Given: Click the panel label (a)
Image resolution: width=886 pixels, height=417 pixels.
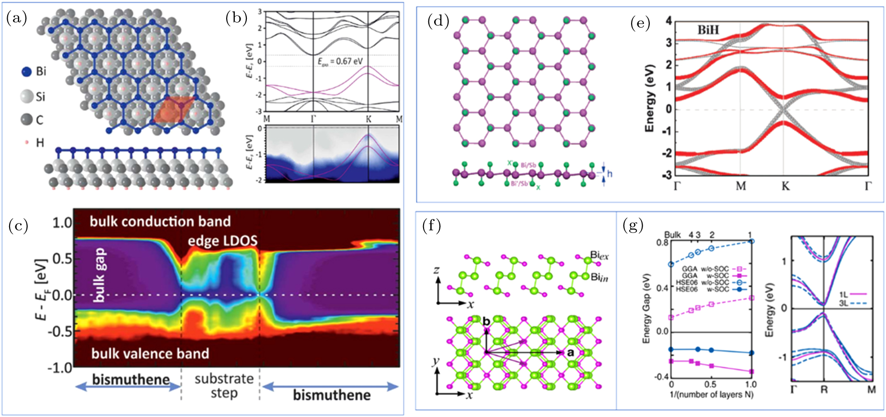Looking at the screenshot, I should point(17,18).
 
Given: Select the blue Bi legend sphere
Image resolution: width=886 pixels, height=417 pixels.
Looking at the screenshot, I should point(27,72).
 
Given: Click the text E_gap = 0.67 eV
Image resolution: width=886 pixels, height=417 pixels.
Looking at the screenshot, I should point(341,61).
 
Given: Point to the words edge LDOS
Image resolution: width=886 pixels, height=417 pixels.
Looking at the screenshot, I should point(222,241).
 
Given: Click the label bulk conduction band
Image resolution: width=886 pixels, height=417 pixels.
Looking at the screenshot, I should point(160,221).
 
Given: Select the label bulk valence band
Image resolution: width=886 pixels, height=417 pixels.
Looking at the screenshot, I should point(150,354).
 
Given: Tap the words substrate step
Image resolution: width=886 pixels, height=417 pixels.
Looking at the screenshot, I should point(224,386).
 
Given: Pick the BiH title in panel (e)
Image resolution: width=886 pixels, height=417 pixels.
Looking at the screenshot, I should point(708,30).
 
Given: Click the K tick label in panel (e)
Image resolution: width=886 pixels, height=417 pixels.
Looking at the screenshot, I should point(785,186).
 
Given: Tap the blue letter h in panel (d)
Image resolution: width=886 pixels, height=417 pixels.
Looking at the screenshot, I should point(610,174).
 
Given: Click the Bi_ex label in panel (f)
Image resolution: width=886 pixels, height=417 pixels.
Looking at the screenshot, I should point(599,255).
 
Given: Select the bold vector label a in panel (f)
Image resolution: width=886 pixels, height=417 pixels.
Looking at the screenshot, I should point(571,352).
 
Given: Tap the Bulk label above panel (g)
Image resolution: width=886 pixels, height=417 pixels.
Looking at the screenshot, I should point(672,235).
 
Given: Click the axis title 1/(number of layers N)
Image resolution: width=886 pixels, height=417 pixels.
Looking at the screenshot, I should point(711,394).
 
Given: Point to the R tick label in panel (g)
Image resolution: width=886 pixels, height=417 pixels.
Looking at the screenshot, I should point(824,390).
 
